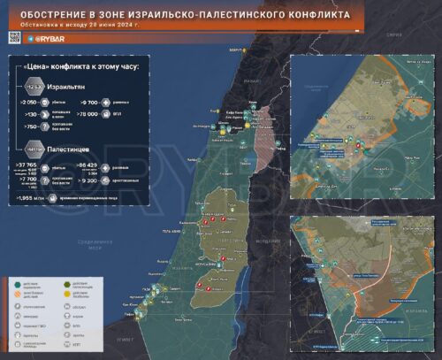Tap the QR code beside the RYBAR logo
[14, 38]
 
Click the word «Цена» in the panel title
[46, 67]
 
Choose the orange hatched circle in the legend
[18, 295]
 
